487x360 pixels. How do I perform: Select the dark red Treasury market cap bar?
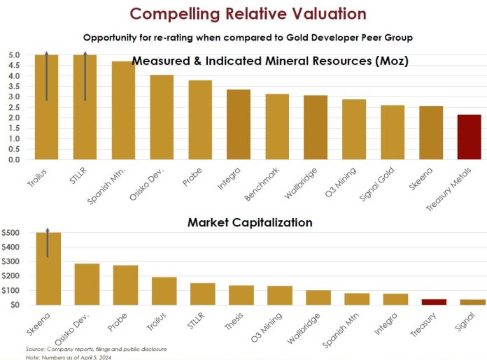pyautogui.click(x=433, y=301)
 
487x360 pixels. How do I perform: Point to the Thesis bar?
pyautogui.click(x=241, y=295)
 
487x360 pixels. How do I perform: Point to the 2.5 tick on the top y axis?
pyautogui.click(x=14, y=107)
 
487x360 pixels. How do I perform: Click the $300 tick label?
pyautogui.click(x=12, y=261)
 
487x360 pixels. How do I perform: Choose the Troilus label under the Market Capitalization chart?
pyautogui.click(x=160, y=322)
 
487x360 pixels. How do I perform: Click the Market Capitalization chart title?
pyautogui.click(x=249, y=222)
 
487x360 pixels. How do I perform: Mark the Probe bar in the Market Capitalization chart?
pyautogui.click(x=125, y=285)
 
